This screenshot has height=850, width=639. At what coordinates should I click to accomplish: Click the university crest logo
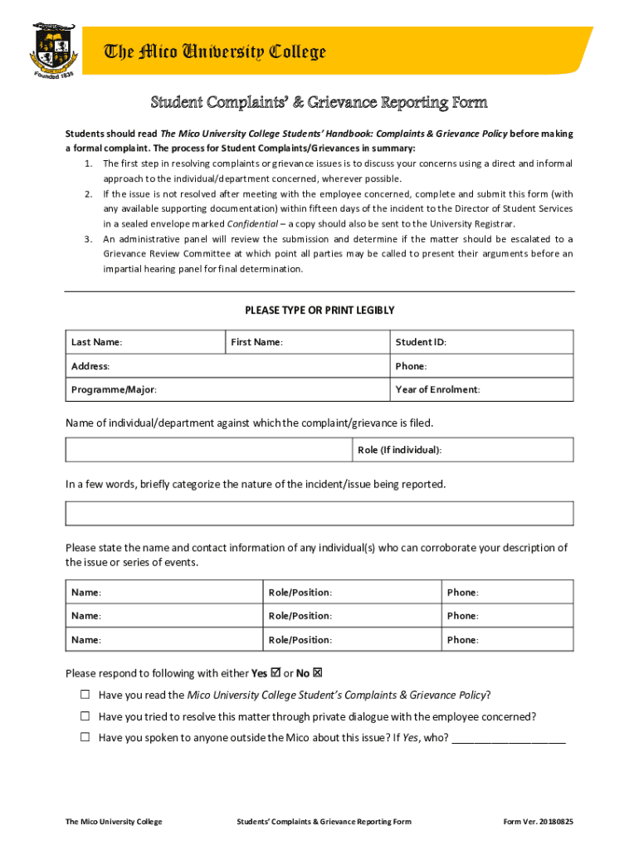(55, 49)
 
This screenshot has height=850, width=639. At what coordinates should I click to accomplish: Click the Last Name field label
(97, 342)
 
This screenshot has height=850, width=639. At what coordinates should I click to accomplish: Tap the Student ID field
(481, 342)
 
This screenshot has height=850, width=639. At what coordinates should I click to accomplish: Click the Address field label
(90, 366)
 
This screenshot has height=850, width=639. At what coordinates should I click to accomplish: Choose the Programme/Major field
(227, 389)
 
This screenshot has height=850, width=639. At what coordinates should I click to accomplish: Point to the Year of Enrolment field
(481, 389)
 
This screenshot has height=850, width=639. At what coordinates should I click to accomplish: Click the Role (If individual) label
(399, 450)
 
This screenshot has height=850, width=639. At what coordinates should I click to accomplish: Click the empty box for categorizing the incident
(319, 513)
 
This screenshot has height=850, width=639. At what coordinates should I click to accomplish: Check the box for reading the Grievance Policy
(85, 695)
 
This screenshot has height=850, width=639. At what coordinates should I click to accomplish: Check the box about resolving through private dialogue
(85, 716)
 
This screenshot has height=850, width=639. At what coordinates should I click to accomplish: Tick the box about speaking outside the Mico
(85, 738)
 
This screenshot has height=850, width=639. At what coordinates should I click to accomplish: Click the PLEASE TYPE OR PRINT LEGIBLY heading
(319, 310)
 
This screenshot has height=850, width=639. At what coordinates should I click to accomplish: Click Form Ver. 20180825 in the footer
(538, 822)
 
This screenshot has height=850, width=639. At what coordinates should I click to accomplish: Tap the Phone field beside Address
(481, 366)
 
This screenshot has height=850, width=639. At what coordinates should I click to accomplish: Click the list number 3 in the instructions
(88, 239)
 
